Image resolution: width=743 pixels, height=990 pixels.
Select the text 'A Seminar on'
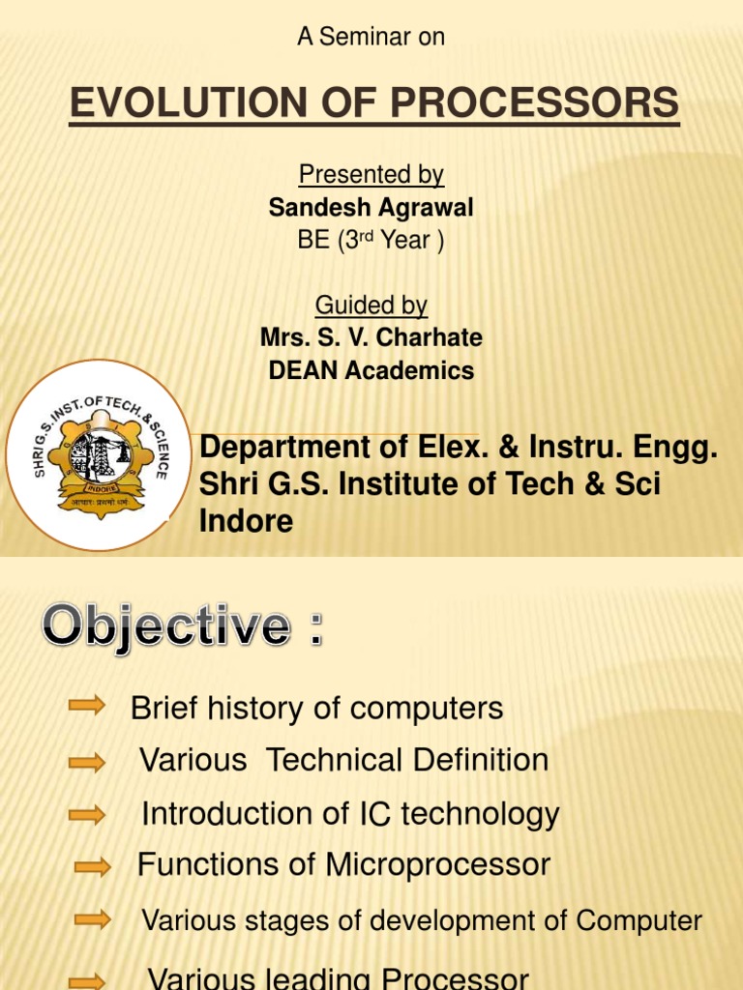(371, 37)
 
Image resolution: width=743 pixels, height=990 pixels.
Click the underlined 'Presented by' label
(371, 175)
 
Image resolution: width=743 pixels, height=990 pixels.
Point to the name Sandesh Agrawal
(371, 208)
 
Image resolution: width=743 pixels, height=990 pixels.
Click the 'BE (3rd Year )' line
(371, 241)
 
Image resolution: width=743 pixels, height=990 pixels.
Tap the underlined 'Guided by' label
(371, 306)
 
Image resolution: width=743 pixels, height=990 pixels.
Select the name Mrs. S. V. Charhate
(371, 337)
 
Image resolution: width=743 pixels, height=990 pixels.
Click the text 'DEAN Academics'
(371, 370)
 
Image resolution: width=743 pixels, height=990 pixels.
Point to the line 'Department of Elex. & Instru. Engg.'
(459, 449)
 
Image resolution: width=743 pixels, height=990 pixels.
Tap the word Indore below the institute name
(246, 521)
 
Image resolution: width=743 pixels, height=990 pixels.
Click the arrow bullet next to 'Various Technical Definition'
(87, 763)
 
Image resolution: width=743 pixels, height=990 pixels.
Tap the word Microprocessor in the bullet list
(438, 864)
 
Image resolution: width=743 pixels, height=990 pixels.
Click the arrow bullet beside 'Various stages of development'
(93, 919)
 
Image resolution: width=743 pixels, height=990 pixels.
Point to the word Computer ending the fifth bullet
(639, 920)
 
